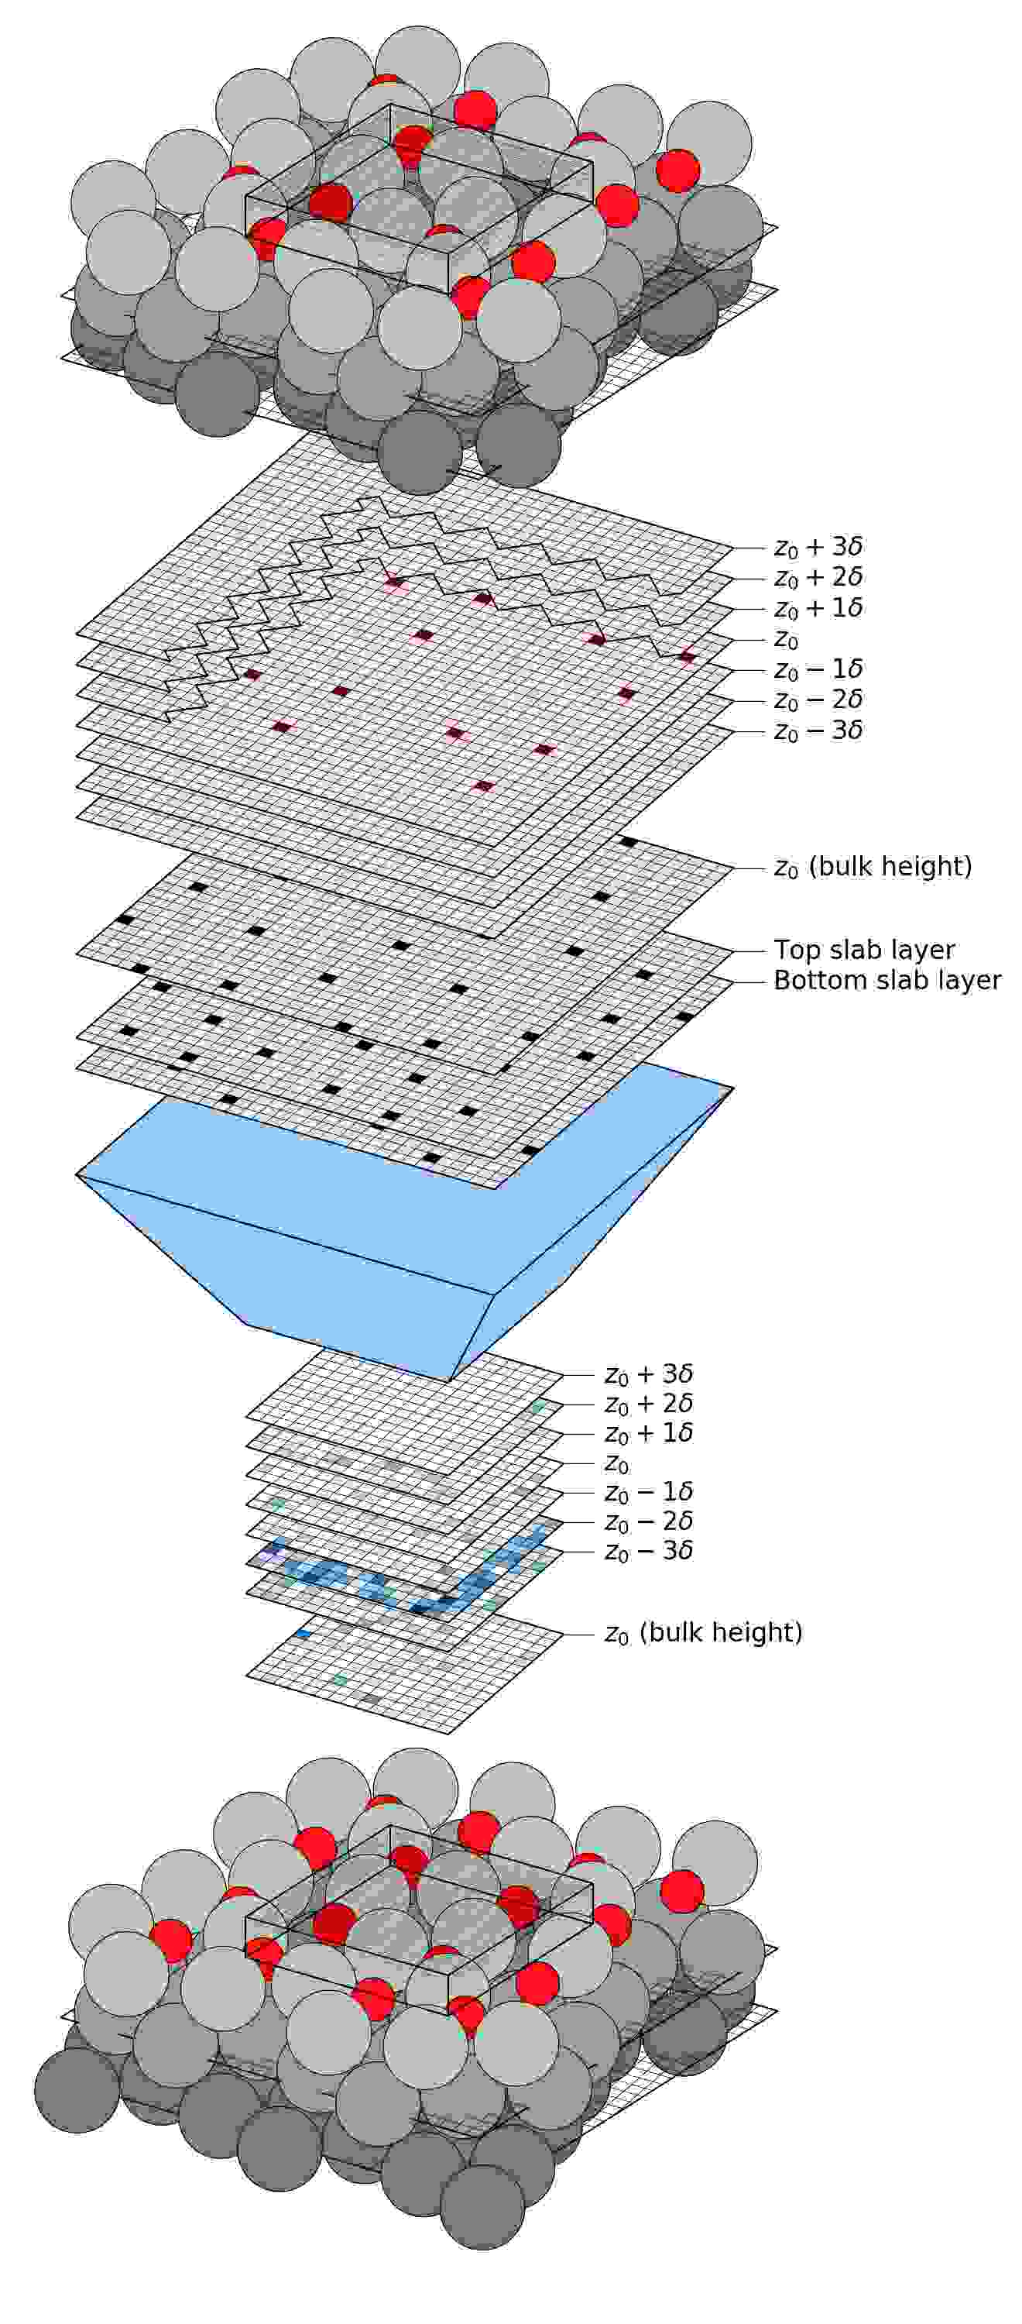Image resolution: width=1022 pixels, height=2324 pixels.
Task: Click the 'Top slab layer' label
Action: coord(863,950)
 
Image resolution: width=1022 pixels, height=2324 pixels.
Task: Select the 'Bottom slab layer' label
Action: coord(887,981)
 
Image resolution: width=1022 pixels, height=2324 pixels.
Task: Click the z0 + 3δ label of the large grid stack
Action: coord(818,547)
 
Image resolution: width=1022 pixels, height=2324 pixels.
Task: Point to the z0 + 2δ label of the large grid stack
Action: coord(818,577)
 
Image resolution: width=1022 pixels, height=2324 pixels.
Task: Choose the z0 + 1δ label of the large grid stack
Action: coord(818,608)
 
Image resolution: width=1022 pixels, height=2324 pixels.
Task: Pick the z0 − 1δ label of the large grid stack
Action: coord(818,669)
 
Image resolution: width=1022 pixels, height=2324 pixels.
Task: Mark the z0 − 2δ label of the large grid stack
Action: coord(818,700)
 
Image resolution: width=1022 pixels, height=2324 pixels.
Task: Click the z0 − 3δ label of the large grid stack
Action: coord(818,731)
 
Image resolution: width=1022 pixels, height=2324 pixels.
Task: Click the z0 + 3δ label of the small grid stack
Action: coord(649,1375)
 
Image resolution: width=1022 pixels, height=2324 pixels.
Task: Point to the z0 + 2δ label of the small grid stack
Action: coord(649,1404)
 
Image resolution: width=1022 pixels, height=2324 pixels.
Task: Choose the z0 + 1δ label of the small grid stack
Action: coord(649,1435)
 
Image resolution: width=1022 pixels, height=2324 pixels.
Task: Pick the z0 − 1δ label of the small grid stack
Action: coord(649,1493)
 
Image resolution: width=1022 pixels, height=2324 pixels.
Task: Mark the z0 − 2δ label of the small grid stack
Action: coord(649,1523)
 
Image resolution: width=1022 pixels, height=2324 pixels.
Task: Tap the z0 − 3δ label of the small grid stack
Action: coord(649,1552)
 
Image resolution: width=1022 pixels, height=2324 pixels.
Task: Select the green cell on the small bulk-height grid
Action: coord(340,1679)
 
